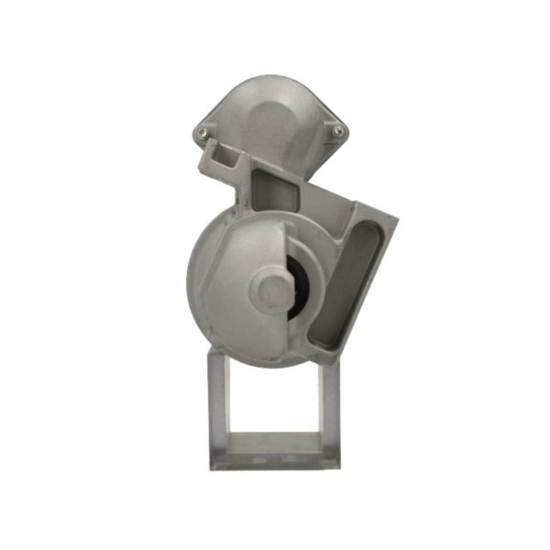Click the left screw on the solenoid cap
(203, 134)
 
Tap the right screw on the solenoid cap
(338, 132)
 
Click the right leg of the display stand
(330, 403)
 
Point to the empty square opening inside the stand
(274, 400)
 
